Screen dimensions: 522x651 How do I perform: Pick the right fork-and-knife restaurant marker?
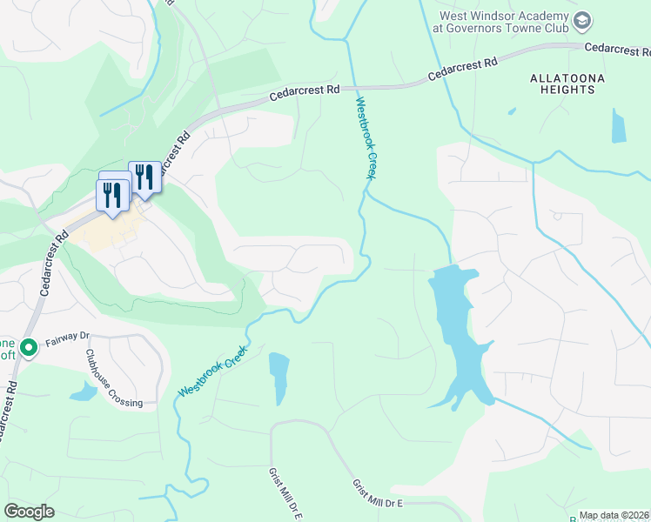[144, 177]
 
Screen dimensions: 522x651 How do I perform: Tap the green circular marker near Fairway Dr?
[29, 349]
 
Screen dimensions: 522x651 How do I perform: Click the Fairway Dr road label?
[68, 336]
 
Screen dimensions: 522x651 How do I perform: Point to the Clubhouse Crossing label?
[113, 378]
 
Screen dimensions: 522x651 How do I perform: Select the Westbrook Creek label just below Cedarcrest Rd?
[366, 138]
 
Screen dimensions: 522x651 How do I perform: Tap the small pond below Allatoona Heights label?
[618, 126]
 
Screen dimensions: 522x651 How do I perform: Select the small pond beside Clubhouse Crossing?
[84, 392]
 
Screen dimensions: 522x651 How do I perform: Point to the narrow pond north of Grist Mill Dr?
[279, 378]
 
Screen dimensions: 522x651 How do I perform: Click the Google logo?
[29, 512]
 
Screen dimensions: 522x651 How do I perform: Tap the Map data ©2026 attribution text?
[614, 515]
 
